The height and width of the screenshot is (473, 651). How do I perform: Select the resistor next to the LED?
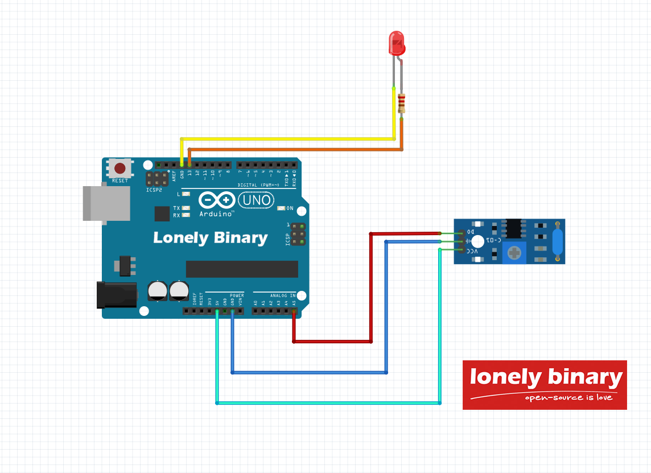[402, 103]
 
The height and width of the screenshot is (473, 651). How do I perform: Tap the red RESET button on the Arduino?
[120, 168]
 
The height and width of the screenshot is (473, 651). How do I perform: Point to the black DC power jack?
[117, 294]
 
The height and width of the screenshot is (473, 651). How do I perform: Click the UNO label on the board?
[255, 200]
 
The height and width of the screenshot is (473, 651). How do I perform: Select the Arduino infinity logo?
[216, 200]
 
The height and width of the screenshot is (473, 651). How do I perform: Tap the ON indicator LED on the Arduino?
[281, 208]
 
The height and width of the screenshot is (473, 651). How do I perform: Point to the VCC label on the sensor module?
[472, 250]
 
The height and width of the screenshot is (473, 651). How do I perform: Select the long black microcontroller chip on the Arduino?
[242, 269]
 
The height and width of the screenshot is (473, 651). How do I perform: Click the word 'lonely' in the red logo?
[497, 377]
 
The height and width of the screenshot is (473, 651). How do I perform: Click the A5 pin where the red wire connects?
[294, 311]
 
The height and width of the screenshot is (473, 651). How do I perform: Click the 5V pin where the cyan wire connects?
[217, 311]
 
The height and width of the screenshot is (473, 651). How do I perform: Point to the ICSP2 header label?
[154, 190]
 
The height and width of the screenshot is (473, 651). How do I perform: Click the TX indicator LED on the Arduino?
[185, 208]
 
